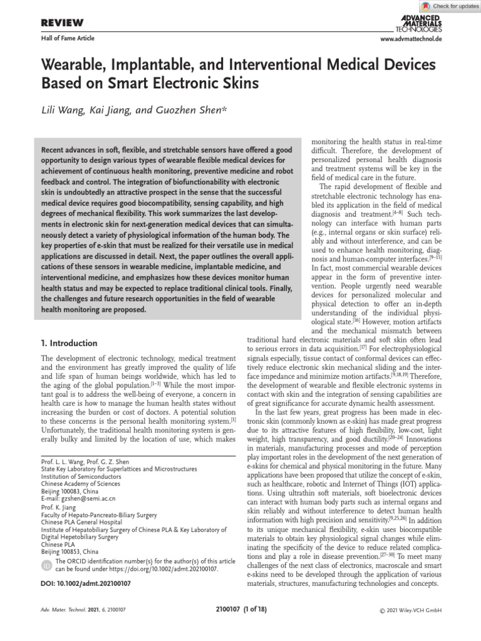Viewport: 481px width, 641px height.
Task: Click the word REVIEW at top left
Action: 62,23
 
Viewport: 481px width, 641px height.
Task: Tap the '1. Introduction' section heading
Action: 69,343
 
